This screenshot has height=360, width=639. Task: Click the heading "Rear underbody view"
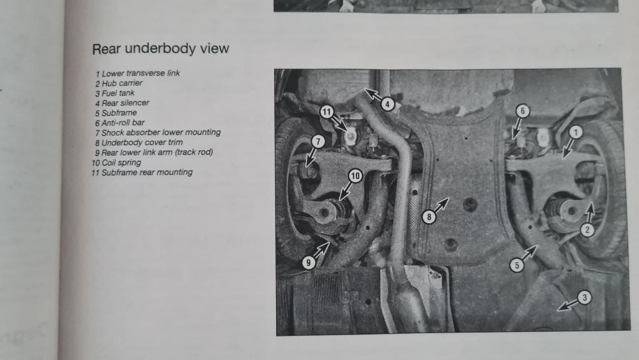tap(160, 49)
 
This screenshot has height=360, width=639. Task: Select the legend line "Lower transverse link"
tap(137, 74)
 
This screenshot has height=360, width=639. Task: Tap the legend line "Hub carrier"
tap(119, 83)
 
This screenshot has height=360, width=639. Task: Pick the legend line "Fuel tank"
tap(114, 93)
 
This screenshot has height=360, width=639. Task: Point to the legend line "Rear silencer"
tap(122, 103)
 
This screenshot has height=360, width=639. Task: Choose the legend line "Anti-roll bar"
tap(119, 123)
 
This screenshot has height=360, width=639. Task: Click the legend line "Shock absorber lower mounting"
tap(157, 132)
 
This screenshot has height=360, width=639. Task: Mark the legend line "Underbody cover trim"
tap(139, 143)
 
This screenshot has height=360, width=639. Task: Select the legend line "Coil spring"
tap(116, 162)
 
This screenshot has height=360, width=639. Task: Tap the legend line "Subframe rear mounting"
tap(142, 173)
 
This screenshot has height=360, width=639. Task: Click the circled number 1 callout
tap(575, 132)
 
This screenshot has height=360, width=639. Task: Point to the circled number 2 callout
tap(587, 230)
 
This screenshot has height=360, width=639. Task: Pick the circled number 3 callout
tap(585, 297)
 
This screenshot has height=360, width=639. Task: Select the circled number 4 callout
tap(388, 104)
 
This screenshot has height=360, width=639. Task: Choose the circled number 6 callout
tap(523, 111)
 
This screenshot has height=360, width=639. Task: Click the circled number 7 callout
tap(318, 141)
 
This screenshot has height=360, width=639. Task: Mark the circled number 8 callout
tap(429, 217)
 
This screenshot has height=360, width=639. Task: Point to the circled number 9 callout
tap(309, 263)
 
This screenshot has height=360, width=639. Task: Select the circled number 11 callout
tap(327, 112)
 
